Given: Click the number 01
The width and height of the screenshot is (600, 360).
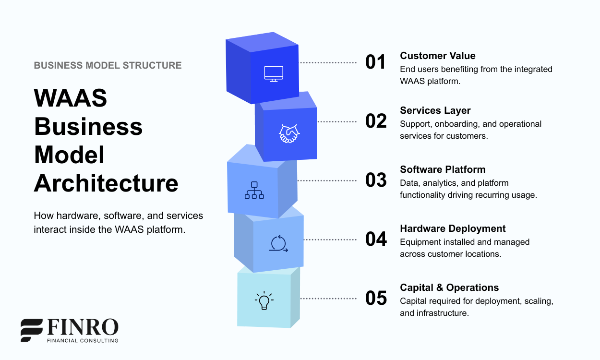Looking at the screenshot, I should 375,62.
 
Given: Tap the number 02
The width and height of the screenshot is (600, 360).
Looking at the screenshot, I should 376,121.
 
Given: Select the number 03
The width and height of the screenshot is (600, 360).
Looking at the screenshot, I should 376,180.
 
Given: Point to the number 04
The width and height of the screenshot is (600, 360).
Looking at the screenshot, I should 376,239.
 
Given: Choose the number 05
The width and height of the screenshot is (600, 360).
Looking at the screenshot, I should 376,298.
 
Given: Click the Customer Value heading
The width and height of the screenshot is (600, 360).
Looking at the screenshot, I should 437,56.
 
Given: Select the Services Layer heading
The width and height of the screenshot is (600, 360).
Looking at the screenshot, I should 435,110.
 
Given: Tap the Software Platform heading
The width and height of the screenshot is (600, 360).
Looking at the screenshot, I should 443,169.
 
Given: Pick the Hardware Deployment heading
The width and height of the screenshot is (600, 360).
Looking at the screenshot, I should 453,228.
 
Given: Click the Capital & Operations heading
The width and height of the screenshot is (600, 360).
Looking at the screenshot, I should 449,288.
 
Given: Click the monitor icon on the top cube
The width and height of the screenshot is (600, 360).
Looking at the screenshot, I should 274,73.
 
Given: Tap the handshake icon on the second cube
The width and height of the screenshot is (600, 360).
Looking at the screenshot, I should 289,133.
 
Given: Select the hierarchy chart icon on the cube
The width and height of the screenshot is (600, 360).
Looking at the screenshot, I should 254,190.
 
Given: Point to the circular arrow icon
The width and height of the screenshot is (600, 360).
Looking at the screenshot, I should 278,244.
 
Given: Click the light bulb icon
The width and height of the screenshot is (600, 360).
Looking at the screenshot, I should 264,300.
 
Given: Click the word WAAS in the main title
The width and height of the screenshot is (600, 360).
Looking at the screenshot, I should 71,98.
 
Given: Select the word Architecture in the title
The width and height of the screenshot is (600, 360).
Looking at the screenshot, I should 106,183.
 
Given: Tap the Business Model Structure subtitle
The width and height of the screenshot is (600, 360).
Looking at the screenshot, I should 108,65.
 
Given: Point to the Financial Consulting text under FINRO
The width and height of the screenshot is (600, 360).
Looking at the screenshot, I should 82,340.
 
